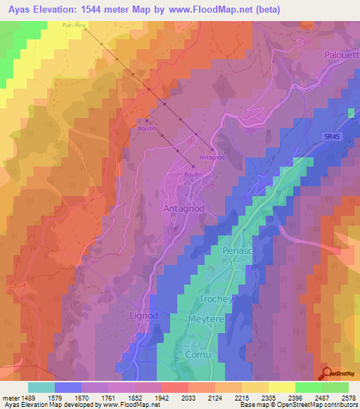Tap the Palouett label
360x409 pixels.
(341, 54)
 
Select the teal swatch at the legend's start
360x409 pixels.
(41, 387)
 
